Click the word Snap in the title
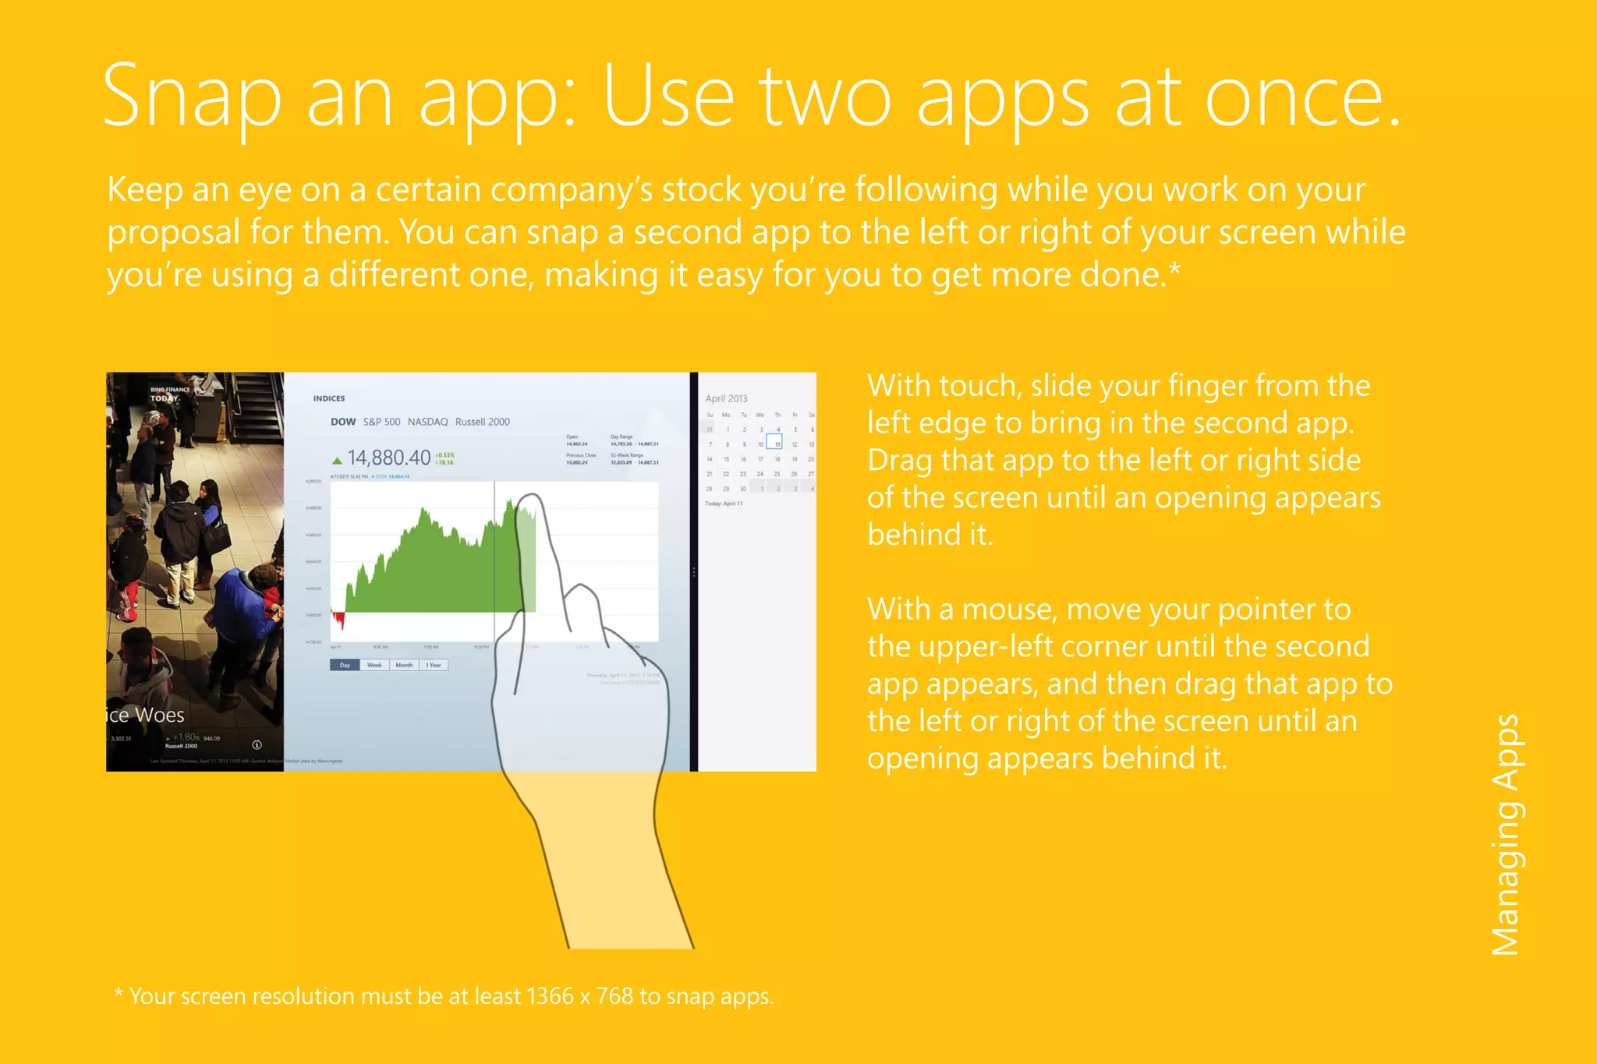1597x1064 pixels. [192, 97]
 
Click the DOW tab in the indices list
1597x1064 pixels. [343, 422]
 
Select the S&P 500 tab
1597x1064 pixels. [381, 422]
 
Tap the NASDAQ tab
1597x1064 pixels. [427, 422]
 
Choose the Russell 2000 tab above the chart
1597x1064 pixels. [482, 422]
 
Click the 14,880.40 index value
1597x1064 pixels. [389, 458]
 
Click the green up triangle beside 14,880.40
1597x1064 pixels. [337, 461]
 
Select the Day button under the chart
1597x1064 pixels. [345, 665]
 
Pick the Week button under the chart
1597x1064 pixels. [374, 665]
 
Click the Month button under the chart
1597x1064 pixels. [404, 665]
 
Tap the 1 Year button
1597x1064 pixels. [434, 665]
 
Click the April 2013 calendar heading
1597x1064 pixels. [726, 398]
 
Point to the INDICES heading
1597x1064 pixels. [329, 398]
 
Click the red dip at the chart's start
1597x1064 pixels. [338, 620]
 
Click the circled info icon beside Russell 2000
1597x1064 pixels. [257, 744]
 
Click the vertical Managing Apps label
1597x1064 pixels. [1505, 834]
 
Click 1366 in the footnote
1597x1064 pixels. [550, 996]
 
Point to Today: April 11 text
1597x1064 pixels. [724, 504]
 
